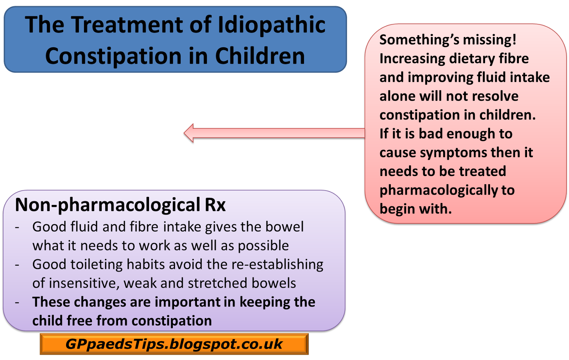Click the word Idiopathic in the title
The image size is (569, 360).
(x=271, y=25)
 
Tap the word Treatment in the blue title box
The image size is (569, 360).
(x=127, y=25)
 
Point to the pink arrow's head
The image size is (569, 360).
(x=189, y=133)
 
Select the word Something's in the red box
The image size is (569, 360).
(x=419, y=39)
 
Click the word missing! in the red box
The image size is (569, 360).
(x=489, y=39)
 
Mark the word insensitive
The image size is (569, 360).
(x=84, y=283)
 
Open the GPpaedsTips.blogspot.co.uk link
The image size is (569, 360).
(x=174, y=344)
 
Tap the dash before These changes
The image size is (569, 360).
(x=17, y=303)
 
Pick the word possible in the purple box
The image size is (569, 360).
(x=264, y=246)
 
